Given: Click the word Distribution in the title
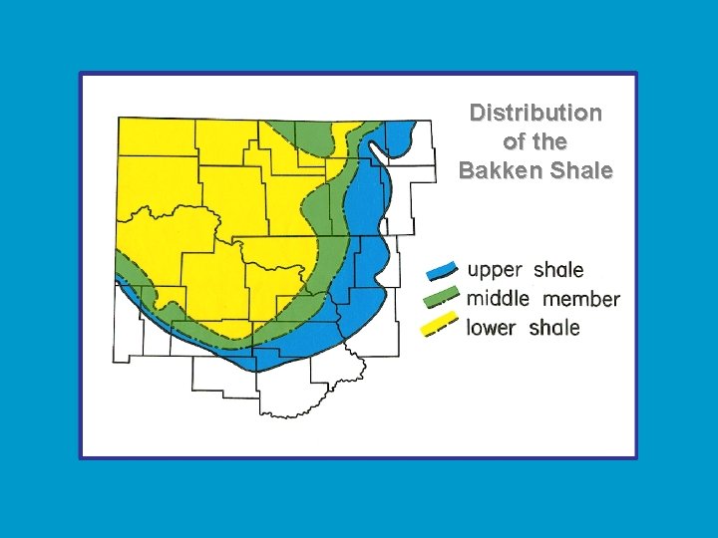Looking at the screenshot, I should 536,113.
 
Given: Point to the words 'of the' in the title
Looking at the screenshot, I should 536,141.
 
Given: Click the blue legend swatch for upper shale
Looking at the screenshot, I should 442,270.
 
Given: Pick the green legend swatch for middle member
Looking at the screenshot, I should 442,297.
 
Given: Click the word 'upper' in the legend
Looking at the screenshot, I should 495,270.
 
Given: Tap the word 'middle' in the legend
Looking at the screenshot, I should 498,298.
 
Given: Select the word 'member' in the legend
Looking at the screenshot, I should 581,299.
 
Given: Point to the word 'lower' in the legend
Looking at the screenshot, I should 492,327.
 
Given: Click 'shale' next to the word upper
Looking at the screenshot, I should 558,270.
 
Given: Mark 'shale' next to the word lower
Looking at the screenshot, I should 553,327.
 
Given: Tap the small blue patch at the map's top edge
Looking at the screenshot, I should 400,134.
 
